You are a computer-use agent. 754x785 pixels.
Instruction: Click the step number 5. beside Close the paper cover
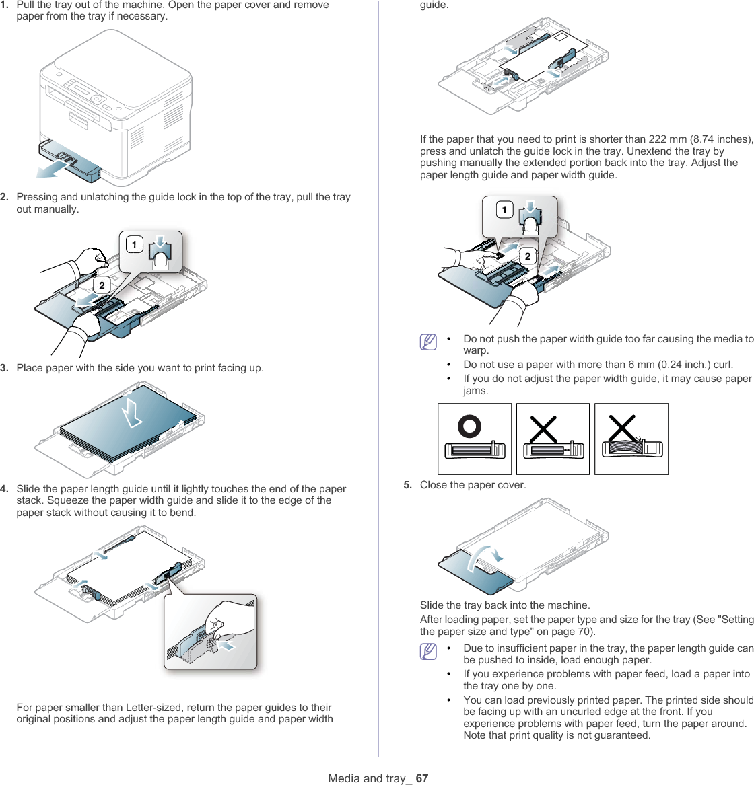(408, 485)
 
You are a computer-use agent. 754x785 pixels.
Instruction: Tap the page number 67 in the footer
(421, 778)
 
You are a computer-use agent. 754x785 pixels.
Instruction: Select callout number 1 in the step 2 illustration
(134, 244)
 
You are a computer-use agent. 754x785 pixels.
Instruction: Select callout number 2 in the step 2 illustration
(102, 286)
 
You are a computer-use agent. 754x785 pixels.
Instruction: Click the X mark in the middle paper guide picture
(543, 429)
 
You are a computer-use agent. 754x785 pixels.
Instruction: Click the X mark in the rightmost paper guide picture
(622, 428)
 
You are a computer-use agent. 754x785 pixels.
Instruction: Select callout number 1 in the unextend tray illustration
(504, 210)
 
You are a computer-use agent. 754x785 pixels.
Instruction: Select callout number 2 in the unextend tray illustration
(528, 256)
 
